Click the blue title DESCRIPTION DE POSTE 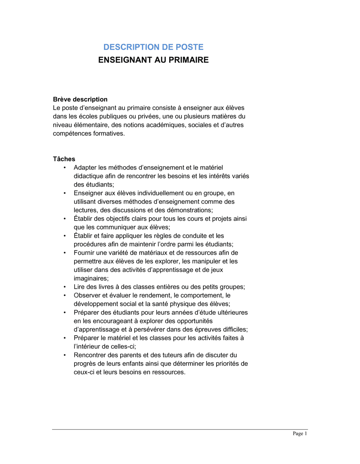click(x=153, y=47)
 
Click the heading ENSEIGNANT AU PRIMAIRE click(x=153, y=60)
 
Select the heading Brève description click(x=80, y=99)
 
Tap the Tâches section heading click(x=64, y=159)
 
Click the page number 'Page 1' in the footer click(x=300, y=433)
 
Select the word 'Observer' click(x=87, y=295)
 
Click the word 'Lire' click(x=79, y=287)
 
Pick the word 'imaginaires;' click(x=91, y=278)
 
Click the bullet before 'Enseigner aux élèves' click(x=65, y=193)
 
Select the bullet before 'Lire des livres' click(x=65, y=287)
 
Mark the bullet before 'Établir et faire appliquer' click(x=65, y=236)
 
